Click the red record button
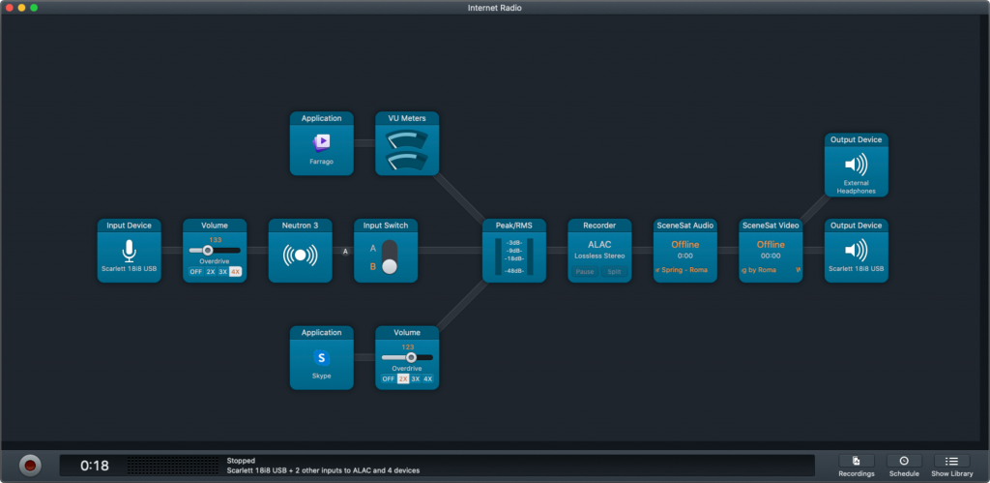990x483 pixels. [x=31, y=465]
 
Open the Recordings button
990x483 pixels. [x=857, y=462]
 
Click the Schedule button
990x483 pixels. [x=904, y=462]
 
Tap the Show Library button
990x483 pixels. [x=952, y=462]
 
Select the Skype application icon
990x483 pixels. [x=322, y=358]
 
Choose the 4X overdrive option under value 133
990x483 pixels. [x=235, y=272]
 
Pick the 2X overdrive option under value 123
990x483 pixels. [x=403, y=378]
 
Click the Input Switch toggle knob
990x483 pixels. [x=390, y=265]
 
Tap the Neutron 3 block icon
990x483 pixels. [x=300, y=257]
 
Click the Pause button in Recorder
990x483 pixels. [x=586, y=272]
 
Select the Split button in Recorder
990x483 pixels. [x=615, y=272]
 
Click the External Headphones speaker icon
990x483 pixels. [x=856, y=164]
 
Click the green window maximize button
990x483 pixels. [x=34, y=8]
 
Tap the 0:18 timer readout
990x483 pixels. [x=94, y=466]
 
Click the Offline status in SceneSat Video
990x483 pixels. [x=771, y=245]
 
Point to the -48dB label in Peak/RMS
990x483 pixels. [x=514, y=270]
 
